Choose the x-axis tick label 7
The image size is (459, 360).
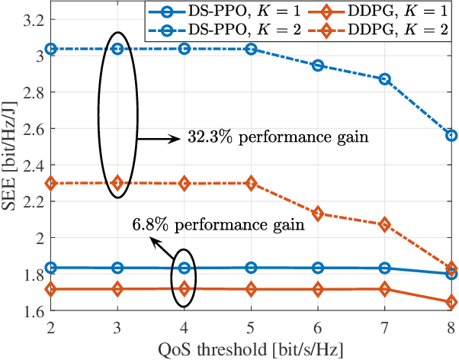point(385,326)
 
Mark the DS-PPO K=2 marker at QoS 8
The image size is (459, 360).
point(451,135)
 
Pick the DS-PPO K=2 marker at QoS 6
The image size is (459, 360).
point(318,66)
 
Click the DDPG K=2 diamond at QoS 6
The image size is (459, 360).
point(318,214)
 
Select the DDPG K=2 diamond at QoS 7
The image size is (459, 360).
point(385,224)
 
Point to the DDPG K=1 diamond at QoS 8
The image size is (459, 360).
point(451,302)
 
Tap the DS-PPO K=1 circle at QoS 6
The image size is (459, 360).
point(318,268)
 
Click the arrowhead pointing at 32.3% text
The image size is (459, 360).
point(179,139)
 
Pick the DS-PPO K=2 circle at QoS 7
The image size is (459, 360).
point(385,79)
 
